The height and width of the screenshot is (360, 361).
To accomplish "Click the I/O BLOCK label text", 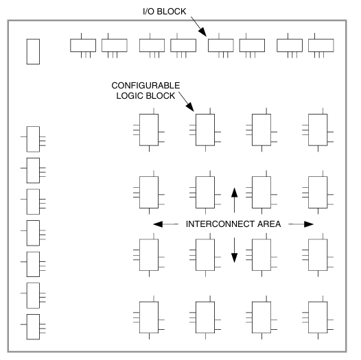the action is (x=165, y=12).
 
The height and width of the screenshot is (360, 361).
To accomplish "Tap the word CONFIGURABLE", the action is (x=145, y=86).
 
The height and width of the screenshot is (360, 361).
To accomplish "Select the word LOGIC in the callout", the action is (x=129, y=96).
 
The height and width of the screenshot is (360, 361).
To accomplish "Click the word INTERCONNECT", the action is (x=220, y=224).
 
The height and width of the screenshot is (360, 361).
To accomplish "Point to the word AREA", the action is (x=269, y=224).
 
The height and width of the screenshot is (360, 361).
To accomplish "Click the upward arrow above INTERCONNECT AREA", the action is (x=234, y=200).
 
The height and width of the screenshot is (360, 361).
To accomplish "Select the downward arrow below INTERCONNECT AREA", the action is (x=234, y=250).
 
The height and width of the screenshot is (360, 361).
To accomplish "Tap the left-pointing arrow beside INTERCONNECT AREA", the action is (x=166, y=224).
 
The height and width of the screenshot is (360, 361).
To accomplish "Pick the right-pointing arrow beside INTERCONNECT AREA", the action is (x=301, y=224).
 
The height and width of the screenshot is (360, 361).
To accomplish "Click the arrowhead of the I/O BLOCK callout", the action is (x=203, y=32).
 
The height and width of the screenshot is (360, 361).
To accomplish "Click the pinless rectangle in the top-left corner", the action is (x=33, y=51).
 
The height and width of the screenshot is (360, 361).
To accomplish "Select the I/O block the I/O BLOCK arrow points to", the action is (x=221, y=45).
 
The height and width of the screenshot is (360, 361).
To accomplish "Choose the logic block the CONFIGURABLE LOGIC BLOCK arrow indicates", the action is (x=205, y=130).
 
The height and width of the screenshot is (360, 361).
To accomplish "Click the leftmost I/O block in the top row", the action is (x=83, y=45).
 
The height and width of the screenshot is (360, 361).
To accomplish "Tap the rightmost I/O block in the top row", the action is (x=321, y=45).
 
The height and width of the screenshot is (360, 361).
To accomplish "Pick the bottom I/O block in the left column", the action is (x=33, y=326).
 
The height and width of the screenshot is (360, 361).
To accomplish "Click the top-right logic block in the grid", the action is (x=318, y=130).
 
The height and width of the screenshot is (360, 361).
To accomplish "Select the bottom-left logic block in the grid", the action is (x=149, y=317).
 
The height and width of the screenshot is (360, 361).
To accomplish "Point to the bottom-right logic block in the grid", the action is (x=318, y=317).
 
